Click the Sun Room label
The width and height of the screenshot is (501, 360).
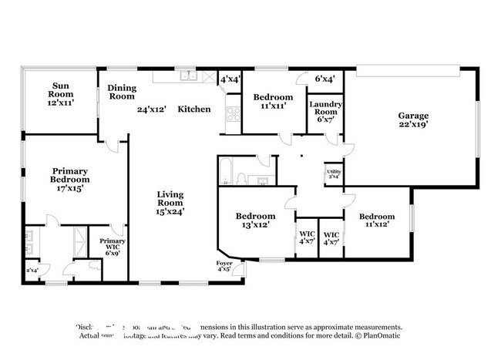pos(62,93)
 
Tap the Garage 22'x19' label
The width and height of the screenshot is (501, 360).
pos(413,119)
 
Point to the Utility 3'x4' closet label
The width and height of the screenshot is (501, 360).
pos(334,173)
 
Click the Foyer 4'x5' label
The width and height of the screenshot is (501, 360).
pos(224,267)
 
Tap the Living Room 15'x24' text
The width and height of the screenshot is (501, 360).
pos(170,203)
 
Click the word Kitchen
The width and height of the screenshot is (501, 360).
pos(194,109)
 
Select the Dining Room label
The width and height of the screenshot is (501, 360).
pos(122,93)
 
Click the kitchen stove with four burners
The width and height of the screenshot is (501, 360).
pos(233,115)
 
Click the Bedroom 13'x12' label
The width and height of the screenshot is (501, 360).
pos(255,221)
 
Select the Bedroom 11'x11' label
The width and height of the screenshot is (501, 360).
pos(273,102)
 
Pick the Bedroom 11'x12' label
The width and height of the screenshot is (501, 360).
pos(377,221)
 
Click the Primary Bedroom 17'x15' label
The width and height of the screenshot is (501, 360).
pos(70,179)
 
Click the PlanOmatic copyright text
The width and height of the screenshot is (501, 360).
pos(378,335)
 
